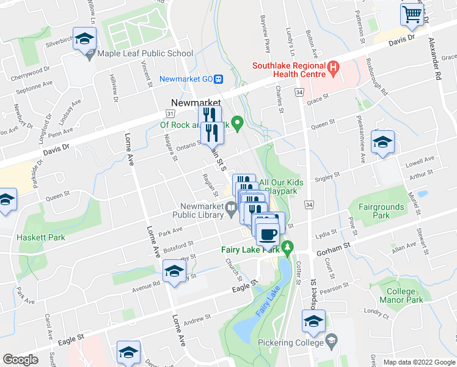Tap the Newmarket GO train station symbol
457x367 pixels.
[x=219, y=79]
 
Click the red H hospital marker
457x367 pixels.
[x=333, y=67]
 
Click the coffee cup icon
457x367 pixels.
[x=267, y=234]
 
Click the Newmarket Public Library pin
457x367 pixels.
[x=231, y=212]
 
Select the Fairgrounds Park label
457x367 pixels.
[x=382, y=212]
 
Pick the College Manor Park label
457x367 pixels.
[x=404, y=296]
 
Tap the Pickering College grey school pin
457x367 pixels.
[x=331, y=340]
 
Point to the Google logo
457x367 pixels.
[x=20, y=360]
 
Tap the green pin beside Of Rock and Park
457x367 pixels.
[x=239, y=124]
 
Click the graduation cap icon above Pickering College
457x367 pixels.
[x=313, y=321]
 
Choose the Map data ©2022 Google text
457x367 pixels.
[x=419, y=362]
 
